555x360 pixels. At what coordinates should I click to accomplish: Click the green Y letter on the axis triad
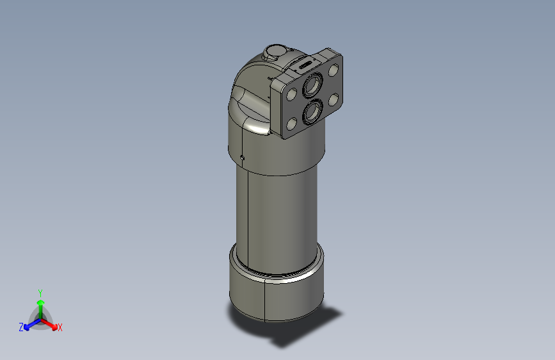pos(40,292)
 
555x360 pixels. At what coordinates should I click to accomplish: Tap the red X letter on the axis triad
pos(60,328)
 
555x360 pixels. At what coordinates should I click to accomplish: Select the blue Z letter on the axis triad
pos(21,327)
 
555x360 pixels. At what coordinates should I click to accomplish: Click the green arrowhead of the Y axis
pos(40,302)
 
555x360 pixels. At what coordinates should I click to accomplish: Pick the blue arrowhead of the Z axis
pos(28,325)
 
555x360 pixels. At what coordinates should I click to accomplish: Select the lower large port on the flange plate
pos(312,112)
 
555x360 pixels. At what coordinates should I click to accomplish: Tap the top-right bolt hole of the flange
pos(332,70)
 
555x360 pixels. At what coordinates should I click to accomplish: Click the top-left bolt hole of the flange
pos(292,94)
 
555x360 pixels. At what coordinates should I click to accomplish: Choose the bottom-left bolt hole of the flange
pos(292,124)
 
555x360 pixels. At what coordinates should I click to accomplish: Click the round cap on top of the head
pos(277,52)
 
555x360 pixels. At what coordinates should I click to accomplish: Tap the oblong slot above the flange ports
pos(303,65)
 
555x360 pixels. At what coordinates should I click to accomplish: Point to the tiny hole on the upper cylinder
pos(242,157)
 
